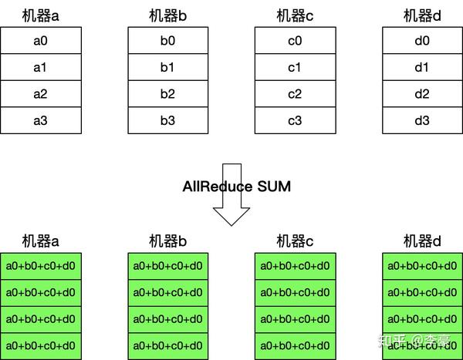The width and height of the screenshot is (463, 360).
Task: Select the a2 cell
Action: [x=40, y=94]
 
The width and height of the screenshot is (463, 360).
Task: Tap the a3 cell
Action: [x=40, y=120]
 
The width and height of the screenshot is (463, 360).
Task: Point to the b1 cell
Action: [x=167, y=68]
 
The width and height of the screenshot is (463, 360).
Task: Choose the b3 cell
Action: [x=167, y=120]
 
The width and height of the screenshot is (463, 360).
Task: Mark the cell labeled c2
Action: [x=295, y=94]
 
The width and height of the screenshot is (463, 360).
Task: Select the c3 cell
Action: [x=295, y=120]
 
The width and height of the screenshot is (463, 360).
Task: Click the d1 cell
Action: [x=421, y=68]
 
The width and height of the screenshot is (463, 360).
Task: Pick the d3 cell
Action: [x=421, y=120]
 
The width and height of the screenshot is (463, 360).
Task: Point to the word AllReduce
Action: [x=218, y=187]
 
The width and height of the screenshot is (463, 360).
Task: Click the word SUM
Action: [x=275, y=187]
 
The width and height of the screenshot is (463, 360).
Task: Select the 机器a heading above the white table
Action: [x=40, y=15]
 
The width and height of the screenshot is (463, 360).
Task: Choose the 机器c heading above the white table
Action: [x=295, y=15]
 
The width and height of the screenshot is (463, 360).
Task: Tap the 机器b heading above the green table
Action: [x=167, y=241]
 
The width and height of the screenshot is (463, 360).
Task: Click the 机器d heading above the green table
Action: [x=421, y=241]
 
